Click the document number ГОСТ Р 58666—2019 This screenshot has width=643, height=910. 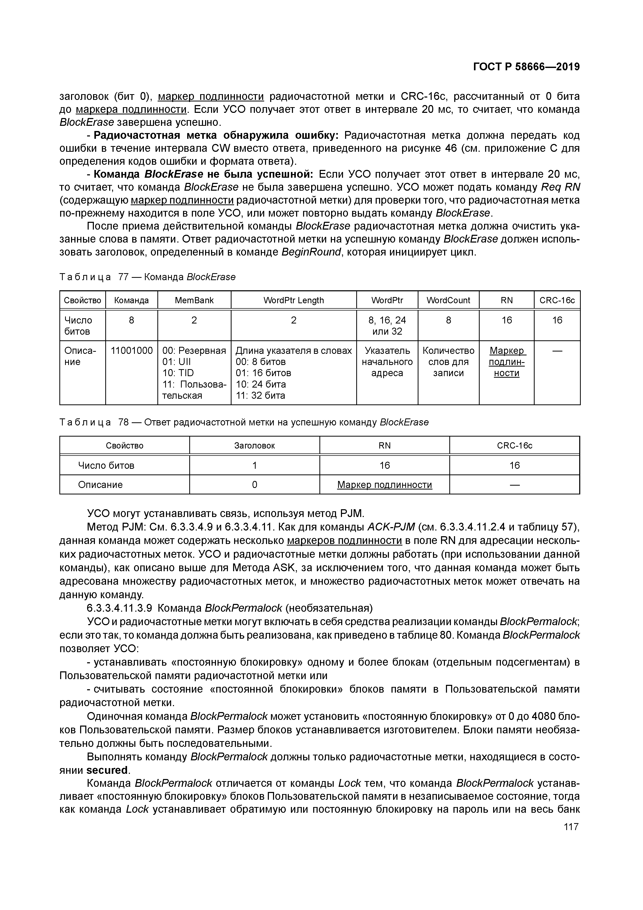526,67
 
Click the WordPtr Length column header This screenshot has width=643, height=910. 293,300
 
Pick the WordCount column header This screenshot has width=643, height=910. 448,300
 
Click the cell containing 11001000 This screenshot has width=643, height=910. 131,350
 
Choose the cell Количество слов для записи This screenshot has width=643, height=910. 448,361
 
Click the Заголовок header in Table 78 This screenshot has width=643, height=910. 254,445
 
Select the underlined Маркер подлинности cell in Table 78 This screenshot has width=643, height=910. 384,485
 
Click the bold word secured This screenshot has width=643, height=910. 107,770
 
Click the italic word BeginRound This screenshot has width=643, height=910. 311,252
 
